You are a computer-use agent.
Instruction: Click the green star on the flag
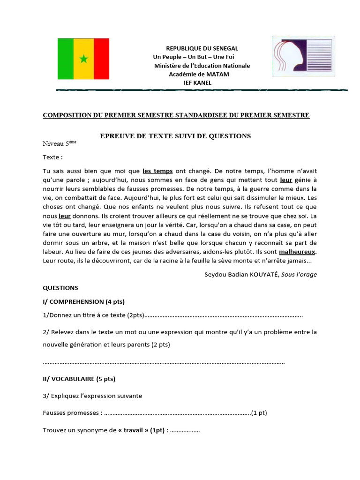click(83, 59)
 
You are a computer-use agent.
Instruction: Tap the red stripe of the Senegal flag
click(101, 59)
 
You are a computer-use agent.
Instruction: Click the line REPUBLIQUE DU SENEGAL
click(202, 48)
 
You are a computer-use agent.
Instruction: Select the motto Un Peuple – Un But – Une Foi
click(193, 57)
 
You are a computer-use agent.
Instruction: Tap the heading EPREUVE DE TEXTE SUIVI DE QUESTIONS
click(176, 136)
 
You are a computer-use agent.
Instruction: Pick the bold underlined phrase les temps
click(157, 171)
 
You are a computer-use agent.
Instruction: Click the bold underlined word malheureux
click(298, 251)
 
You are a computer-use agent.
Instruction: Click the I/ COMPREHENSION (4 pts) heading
click(84, 301)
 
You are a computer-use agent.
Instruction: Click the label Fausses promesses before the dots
click(71, 413)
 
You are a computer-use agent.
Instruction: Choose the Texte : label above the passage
click(52, 157)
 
